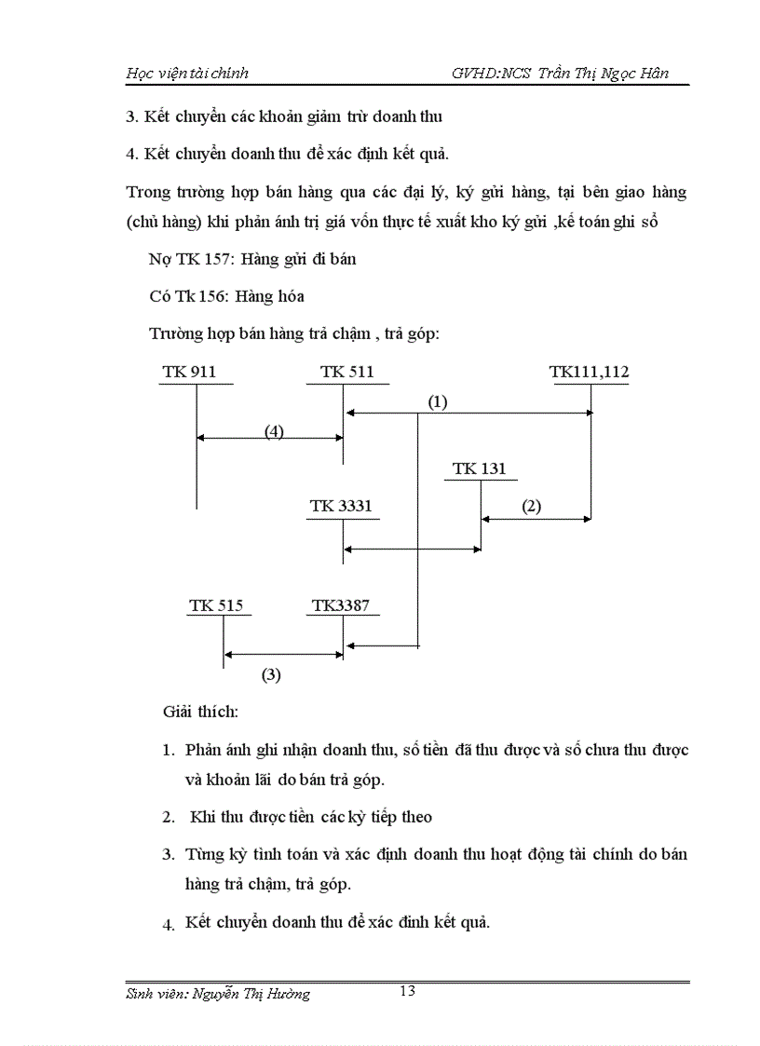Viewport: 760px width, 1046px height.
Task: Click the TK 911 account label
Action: point(189,372)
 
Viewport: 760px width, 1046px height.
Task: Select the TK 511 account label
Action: point(346,372)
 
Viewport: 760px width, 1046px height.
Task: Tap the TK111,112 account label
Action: point(589,372)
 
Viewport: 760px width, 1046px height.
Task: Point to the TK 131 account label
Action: point(479,469)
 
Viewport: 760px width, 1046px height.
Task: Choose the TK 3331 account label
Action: point(341,506)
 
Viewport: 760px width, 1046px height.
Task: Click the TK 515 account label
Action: point(216,605)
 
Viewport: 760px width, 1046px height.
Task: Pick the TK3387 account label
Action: point(341,605)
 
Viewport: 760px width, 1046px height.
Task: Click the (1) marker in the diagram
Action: point(438,401)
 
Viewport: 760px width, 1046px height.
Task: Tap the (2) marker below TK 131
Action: point(531,507)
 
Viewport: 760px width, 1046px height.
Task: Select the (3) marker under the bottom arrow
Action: point(270,675)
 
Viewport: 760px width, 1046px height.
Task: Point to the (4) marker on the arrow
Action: point(273,431)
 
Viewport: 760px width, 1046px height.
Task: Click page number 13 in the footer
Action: point(407,990)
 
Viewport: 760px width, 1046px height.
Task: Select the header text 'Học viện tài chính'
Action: point(187,73)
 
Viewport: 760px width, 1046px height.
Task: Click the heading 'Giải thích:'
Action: point(200,713)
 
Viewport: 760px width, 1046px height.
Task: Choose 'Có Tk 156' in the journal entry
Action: point(183,296)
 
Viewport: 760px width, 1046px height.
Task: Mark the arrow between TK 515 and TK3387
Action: point(283,655)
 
